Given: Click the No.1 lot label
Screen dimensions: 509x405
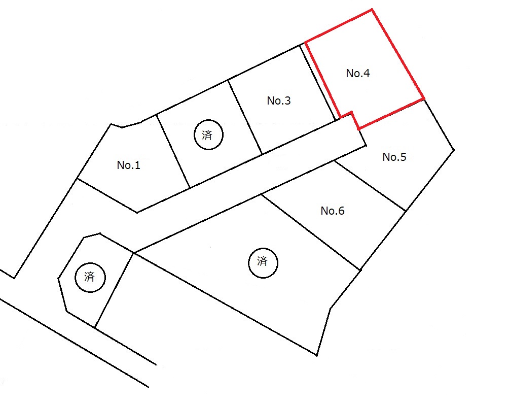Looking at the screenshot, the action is [129, 165].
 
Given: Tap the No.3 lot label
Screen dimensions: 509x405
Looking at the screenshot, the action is [279, 101].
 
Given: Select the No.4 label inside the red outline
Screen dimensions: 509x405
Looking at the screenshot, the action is [358, 73].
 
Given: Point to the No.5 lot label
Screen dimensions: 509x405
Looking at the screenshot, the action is [394, 157].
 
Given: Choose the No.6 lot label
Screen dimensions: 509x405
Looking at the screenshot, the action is [333, 211].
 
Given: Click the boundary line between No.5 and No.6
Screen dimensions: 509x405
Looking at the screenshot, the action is [370, 186].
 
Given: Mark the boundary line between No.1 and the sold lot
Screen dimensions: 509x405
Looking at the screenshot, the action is [173, 151].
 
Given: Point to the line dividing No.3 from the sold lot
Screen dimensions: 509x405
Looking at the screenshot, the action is [245, 117].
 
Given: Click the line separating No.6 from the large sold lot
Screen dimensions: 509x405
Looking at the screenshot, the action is [311, 232].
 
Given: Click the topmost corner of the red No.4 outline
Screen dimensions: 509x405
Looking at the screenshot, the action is [372, 10].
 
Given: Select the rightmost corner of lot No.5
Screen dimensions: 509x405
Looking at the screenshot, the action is [454, 150].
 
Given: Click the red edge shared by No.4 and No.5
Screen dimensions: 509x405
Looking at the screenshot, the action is [391, 114].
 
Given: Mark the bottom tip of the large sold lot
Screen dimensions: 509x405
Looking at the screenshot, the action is [316, 355].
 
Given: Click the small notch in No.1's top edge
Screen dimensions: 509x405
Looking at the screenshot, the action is [122, 127].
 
